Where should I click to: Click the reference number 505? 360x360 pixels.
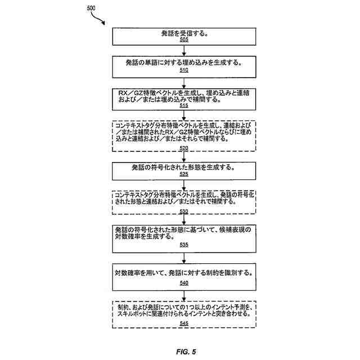click(184, 40)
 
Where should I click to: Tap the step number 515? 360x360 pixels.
click(184, 105)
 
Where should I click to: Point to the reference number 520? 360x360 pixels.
click(184, 148)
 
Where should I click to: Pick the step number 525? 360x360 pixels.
click(184, 174)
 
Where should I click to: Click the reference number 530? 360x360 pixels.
click(184, 211)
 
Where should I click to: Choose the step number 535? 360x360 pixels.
click(184, 245)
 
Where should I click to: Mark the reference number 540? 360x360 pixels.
click(184, 283)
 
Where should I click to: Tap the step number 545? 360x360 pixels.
click(184, 323)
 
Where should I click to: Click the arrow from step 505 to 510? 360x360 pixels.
click(184, 50)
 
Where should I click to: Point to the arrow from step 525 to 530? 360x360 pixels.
click(184, 184)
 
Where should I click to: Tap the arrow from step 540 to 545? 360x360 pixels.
click(184, 294)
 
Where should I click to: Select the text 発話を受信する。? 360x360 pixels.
click(184, 33)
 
